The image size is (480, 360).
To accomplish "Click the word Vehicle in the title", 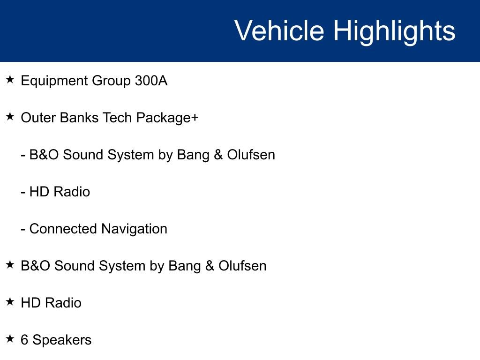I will click(279, 31).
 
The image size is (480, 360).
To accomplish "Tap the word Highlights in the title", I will click(394, 31).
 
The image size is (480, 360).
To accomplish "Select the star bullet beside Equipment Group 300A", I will click(10, 80).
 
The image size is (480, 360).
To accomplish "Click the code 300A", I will click(151, 81).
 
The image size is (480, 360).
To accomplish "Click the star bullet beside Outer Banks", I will click(10, 117).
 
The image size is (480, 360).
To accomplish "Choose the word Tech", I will click(117, 118).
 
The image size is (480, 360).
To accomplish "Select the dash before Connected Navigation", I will click(23, 229).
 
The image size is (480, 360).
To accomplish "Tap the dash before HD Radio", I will click(23, 192).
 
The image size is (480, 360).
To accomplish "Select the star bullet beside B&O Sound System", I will click(10, 265).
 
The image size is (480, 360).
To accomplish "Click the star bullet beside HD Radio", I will click(10, 302).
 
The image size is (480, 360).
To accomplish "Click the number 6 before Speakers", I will click(24, 340).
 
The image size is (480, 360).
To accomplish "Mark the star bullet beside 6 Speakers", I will click(10, 339).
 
